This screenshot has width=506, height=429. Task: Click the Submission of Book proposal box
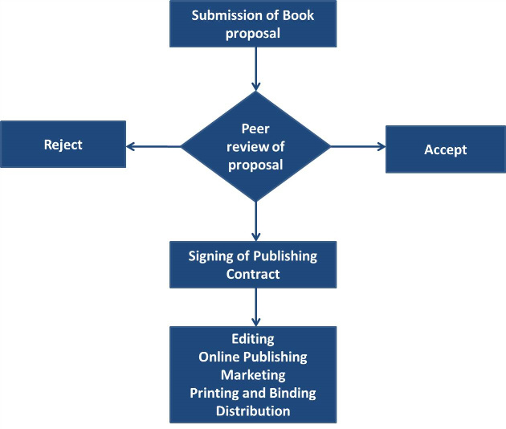point(253,24)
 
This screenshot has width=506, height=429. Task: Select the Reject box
point(63,145)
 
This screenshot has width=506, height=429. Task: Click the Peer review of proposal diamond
point(255,145)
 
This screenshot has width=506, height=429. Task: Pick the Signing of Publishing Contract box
point(253,264)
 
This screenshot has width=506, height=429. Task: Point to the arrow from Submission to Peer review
point(255,67)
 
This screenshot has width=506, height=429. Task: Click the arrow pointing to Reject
point(153,146)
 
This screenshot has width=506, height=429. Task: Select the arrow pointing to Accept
point(358,146)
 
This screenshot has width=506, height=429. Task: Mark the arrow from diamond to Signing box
point(255,221)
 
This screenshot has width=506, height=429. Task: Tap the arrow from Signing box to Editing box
point(255,306)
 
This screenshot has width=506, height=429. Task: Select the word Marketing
point(253,375)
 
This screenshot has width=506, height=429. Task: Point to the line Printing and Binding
point(253,393)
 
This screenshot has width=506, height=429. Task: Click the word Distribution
point(253,411)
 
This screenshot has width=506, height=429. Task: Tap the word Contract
point(253,274)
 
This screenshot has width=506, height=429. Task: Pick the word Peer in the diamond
point(255,129)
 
